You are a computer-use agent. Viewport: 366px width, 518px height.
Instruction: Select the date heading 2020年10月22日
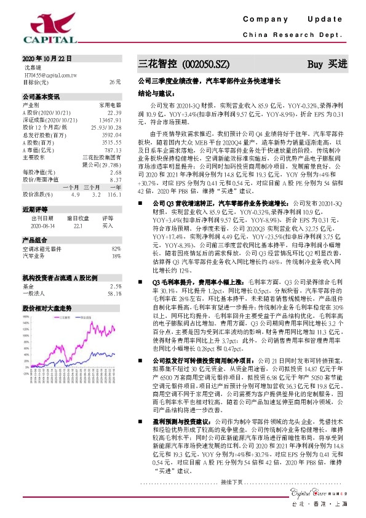[47, 58]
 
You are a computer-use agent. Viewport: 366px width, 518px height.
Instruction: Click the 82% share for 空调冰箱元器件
[116, 248]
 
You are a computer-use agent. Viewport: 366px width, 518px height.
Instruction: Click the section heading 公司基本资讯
[41, 97]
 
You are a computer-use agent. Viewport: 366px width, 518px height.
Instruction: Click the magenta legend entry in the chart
[65, 317]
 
